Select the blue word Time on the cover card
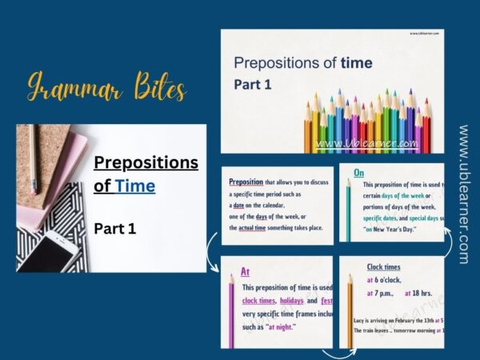(x=134, y=186)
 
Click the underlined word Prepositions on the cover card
(x=146, y=163)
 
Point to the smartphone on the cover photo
(x=49, y=250)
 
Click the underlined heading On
(x=358, y=172)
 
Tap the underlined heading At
(x=246, y=272)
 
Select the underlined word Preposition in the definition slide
(x=246, y=182)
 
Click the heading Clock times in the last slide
(x=383, y=266)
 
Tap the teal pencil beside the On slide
(x=347, y=210)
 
